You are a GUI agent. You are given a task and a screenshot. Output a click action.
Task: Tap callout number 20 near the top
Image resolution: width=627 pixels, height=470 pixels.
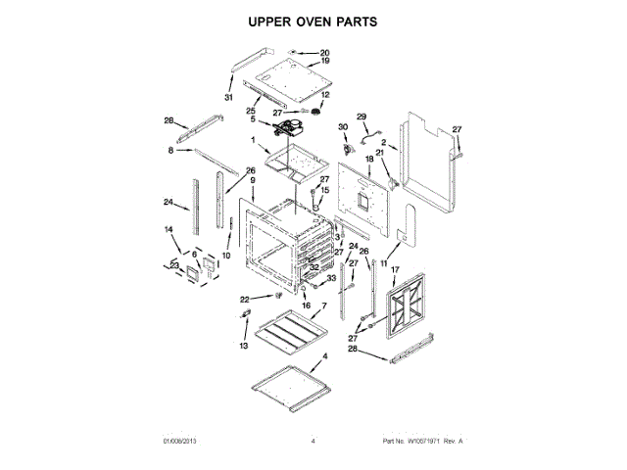coord(324,53)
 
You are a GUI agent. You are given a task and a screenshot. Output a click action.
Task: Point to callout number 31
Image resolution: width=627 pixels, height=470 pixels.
coord(228,97)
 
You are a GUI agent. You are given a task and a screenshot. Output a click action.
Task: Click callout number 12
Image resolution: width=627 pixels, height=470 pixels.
coord(326,95)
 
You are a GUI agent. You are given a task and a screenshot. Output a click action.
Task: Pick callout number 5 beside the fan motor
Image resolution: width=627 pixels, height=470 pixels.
coord(252,119)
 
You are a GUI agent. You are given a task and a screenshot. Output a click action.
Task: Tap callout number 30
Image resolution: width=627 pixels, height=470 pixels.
coord(343,126)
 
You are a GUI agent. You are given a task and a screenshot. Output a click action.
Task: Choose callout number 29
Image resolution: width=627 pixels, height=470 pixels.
coord(361,115)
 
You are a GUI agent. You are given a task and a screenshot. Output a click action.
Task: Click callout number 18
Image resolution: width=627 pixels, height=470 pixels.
coord(369,158)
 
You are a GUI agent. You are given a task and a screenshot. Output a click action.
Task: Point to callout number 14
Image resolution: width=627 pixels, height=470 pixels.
coord(168,229)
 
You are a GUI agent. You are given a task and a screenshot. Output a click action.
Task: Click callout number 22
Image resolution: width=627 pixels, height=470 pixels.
coord(246,299)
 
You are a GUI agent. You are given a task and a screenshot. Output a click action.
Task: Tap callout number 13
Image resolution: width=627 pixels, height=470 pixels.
coord(244,346)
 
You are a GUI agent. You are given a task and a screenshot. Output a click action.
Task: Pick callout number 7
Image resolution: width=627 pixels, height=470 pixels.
coord(323,306)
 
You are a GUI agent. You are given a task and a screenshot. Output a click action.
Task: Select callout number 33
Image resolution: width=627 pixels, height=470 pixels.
coord(330,278)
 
